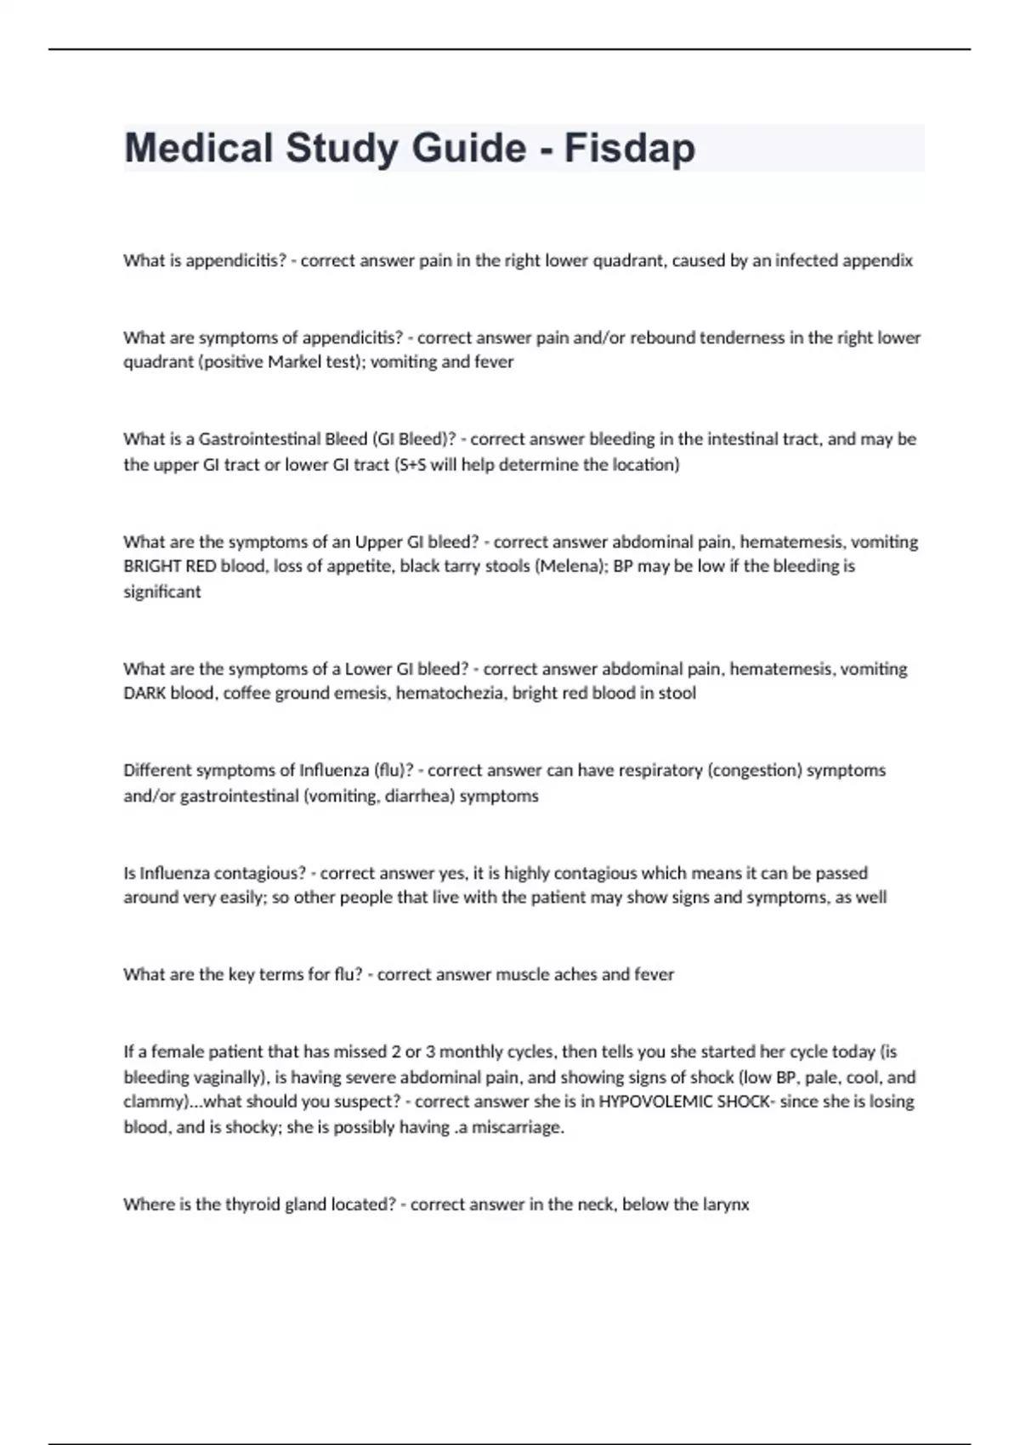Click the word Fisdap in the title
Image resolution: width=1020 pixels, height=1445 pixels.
(x=629, y=148)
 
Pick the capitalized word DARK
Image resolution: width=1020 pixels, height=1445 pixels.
(x=144, y=694)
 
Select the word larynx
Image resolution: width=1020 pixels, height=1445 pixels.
(x=726, y=1204)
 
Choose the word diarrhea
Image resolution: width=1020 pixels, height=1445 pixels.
(x=420, y=796)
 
